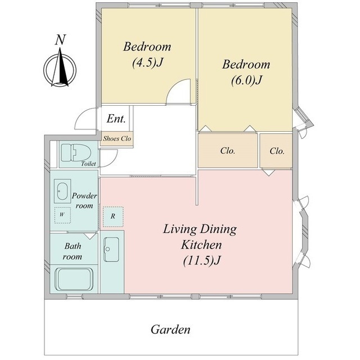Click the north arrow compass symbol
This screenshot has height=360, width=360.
(x=60, y=68)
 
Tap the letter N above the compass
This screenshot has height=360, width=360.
(x=61, y=39)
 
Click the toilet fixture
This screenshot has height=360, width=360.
(x=76, y=152)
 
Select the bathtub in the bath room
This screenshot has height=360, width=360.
(x=74, y=279)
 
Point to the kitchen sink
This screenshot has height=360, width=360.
(x=111, y=249)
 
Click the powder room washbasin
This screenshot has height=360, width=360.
(x=62, y=191)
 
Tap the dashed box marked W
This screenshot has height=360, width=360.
(x=62, y=215)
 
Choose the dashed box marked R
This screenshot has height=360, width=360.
(x=113, y=217)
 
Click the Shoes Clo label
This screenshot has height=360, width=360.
(x=117, y=138)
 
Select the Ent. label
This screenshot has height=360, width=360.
(x=116, y=119)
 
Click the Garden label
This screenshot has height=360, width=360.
(x=170, y=330)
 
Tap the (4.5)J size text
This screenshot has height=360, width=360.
(x=147, y=62)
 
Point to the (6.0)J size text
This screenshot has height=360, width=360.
(x=246, y=80)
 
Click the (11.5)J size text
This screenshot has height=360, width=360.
(x=202, y=260)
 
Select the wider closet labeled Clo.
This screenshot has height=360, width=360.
(x=227, y=151)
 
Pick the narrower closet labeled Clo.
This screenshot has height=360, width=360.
(x=276, y=151)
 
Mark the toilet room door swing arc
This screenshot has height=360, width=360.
(x=113, y=161)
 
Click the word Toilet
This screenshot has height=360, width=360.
(x=88, y=164)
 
